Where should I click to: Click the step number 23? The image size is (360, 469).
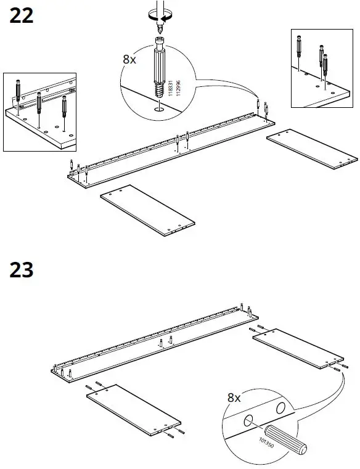tap(22, 269)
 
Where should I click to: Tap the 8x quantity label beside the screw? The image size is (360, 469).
tap(129, 60)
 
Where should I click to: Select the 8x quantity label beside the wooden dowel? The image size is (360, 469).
tap(234, 398)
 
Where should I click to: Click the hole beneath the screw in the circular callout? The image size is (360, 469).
tap(158, 110)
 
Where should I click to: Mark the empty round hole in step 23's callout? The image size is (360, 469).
tap(280, 408)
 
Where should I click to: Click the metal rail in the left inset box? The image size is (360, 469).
tap(46, 99)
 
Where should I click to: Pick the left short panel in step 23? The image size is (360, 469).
tap(133, 408)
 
